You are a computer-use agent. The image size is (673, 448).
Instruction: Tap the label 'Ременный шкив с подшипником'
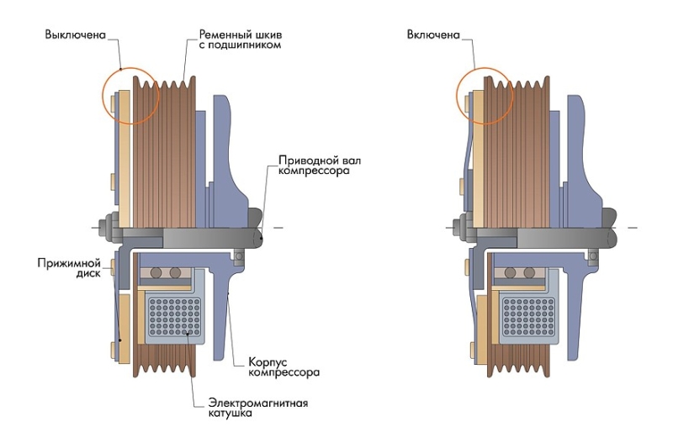click(x=238, y=39)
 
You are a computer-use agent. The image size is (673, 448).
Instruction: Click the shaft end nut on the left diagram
click(x=107, y=226)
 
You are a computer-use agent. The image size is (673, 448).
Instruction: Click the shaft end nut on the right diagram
click(x=461, y=226)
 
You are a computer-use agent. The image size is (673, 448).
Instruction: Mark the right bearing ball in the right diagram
click(x=531, y=274)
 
